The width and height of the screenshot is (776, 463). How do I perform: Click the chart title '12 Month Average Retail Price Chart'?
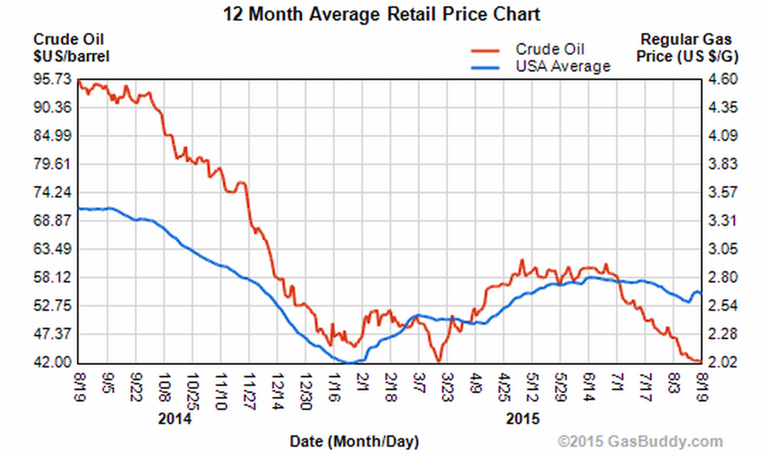point(381,13)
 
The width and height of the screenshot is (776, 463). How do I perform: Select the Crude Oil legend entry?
point(549,49)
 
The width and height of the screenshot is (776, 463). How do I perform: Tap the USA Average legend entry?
point(562,67)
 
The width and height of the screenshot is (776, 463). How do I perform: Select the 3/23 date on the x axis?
point(447,384)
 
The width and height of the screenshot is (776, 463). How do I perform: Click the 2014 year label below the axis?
point(174,418)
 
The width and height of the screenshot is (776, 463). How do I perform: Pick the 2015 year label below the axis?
point(523,418)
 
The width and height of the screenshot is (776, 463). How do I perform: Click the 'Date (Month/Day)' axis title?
point(354,442)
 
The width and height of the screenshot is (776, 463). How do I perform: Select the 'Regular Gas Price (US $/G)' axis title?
point(685,46)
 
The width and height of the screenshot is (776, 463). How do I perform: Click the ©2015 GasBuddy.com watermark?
point(640,442)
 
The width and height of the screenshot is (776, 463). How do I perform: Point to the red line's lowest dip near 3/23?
point(439,360)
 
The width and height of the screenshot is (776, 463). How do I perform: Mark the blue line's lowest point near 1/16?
point(349,362)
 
